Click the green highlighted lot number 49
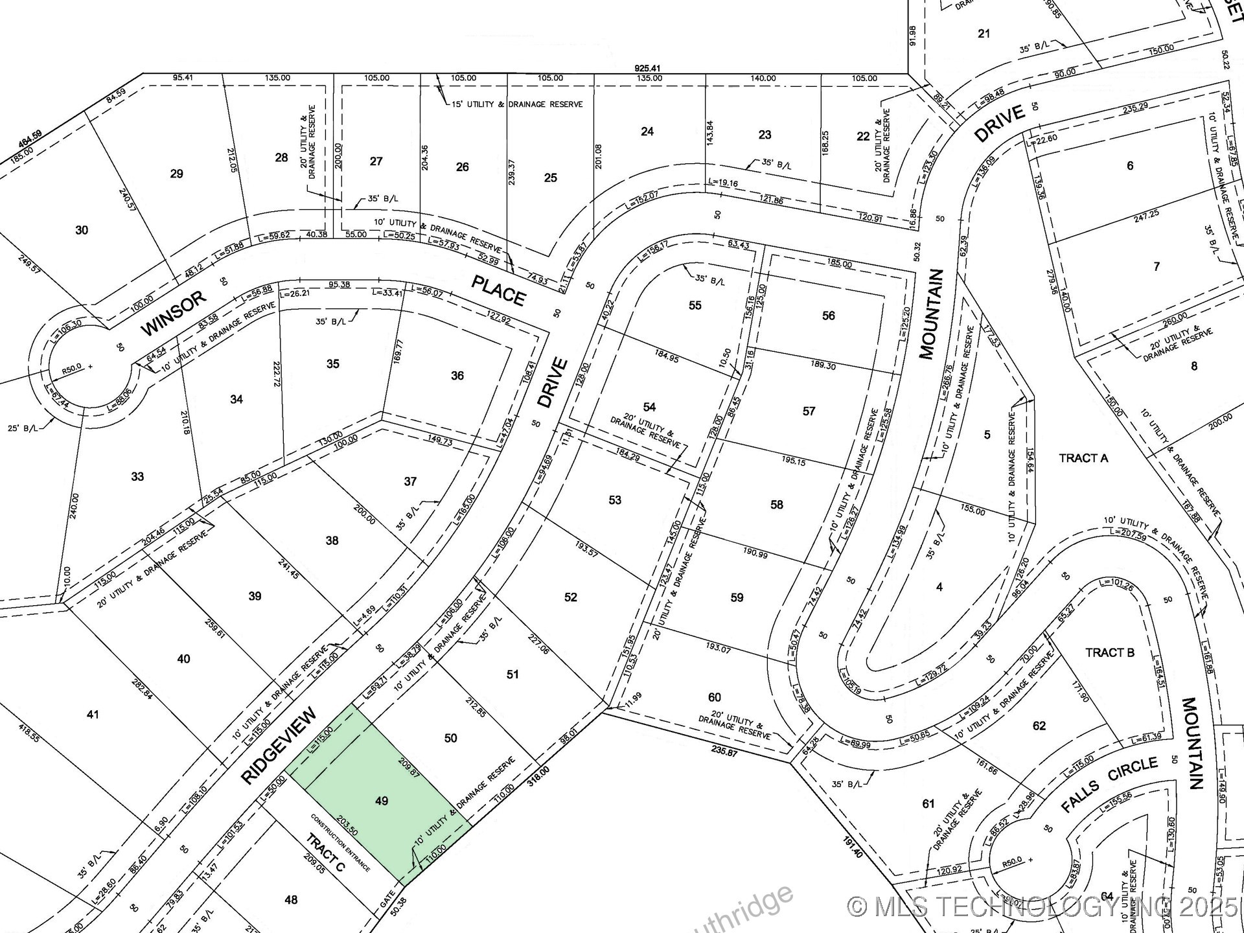tap(382, 801)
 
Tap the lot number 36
tap(457, 375)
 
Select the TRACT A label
tap(1083, 458)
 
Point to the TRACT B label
tap(1110, 652)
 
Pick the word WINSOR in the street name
tap(174, 313)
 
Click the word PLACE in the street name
tap(498, 290)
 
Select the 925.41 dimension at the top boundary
tap(647, 68)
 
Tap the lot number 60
tap(714, 697)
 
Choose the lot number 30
tap(82, 230)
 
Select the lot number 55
tap(695, 305)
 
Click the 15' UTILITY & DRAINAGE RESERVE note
tap(516, 104)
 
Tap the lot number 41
tap(93, 714)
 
